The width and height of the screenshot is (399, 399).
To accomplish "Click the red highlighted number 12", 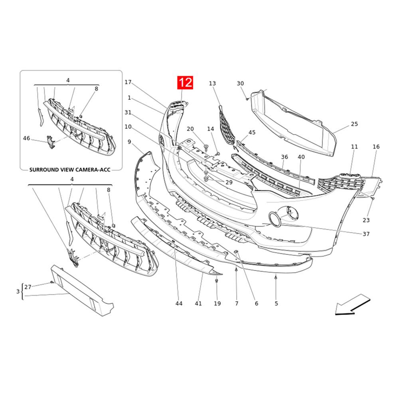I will tap(186, 83).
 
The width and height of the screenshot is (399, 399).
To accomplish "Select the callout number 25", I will tap(354, 124).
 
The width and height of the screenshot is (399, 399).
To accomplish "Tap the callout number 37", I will tap(366, 234).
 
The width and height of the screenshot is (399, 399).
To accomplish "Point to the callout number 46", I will tap(26, 138).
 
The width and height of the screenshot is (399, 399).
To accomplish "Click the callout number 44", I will tap(179, 304).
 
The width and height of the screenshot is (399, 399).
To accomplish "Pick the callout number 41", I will tap(198, 304).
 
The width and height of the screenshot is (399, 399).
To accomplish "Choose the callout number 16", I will tap(376, 147).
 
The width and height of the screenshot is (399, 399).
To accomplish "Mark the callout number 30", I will tap(240, 83).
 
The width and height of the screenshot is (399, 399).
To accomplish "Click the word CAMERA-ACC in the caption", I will tap(90, 169).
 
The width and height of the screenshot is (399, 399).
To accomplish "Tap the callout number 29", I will tap(229, 182).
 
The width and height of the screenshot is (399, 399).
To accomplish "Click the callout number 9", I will tap(129, 142).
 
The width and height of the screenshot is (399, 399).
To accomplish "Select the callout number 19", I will tap(217, 304).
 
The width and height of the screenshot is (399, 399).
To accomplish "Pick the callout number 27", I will tap(28, 287).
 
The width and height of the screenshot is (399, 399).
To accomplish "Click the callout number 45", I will tap(252, 132).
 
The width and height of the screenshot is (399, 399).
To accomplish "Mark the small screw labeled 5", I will tap(276, 277).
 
